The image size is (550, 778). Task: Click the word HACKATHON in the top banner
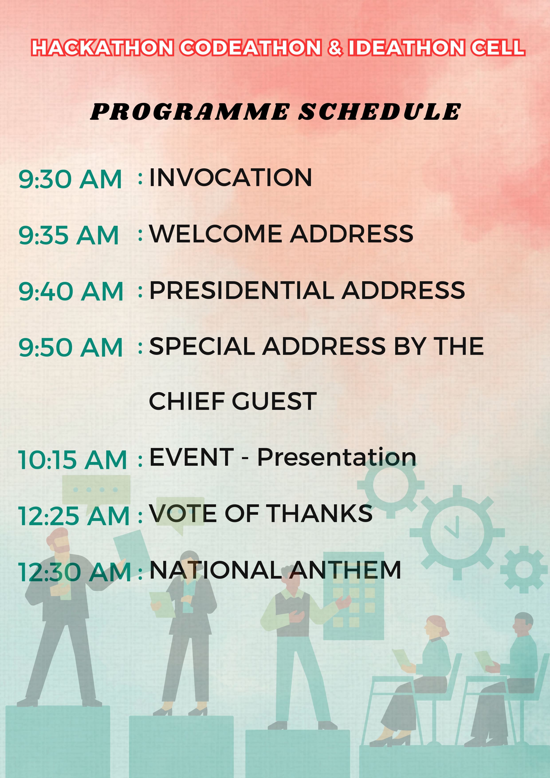coord(102,47)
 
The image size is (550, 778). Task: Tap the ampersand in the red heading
coord(335,47)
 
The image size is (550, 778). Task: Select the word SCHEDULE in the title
coord(379,112)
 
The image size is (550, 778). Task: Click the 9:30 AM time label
coord(70,179)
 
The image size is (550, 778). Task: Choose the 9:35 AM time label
coord(69,235)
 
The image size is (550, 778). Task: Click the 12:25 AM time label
coord(74,516)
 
